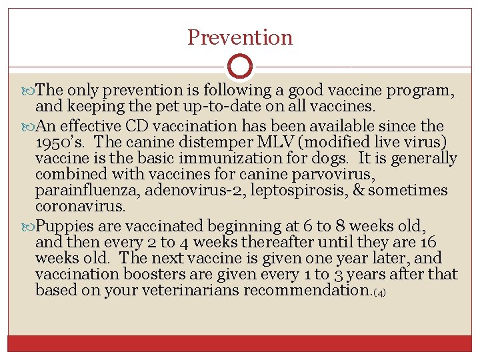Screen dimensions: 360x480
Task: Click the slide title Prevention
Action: click(x=240, y=37)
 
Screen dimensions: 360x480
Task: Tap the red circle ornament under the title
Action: click(x=240, y=67)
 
